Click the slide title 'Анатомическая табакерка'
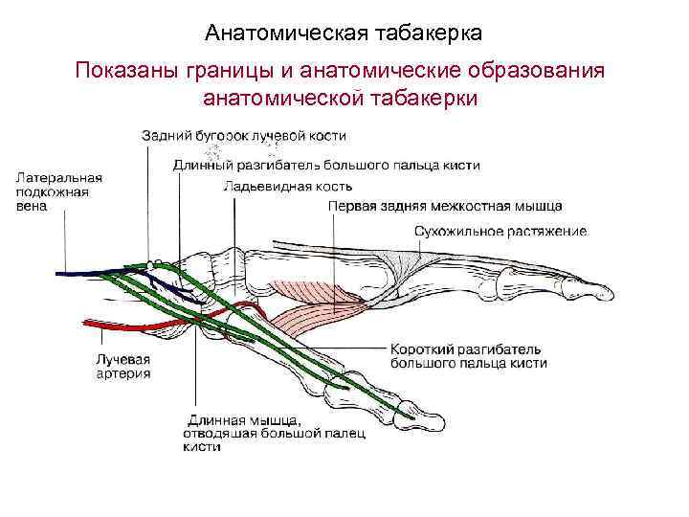344,34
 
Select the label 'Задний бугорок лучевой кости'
244,136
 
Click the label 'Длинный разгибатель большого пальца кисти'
326,165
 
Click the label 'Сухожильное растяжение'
500,231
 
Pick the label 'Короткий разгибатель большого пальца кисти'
469,355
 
